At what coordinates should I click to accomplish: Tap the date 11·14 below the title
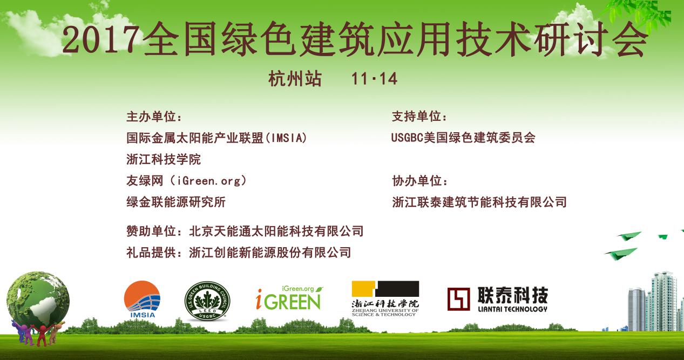[374, 79]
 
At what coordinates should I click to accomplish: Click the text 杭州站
[295, 78]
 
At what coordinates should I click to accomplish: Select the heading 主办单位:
[154, 117]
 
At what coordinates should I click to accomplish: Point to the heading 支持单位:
[419, 117]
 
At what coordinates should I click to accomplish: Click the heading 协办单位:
[419, 181]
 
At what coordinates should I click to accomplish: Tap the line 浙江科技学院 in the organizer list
[164, 159]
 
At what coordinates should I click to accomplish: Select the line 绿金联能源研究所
[176, 202]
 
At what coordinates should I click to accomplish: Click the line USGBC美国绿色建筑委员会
[463, 138]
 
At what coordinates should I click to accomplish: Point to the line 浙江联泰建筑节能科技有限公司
[479, 202]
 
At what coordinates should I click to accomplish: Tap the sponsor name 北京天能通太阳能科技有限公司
[276, 231]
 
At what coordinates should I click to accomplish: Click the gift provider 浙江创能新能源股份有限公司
[270, 253]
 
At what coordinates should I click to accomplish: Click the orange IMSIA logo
[143, 299]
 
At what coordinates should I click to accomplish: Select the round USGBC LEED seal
[207, 301]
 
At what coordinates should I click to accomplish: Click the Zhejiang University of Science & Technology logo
[385, 298]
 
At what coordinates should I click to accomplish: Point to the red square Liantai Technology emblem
[459, 299]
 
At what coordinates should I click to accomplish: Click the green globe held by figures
[38, 298]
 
